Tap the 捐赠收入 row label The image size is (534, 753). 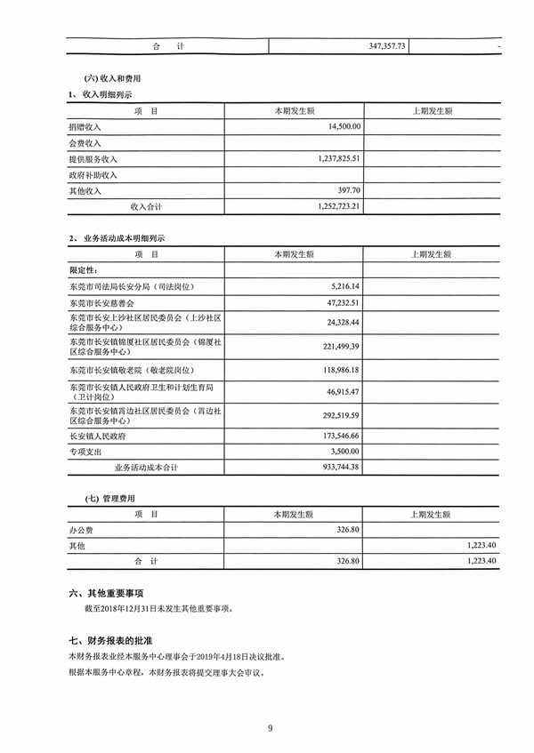point(85,127)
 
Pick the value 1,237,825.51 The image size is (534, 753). point(330,159)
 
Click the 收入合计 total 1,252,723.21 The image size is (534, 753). point(330,206)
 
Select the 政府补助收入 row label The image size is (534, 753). point(93,175)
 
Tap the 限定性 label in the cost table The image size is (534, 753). point(85,270)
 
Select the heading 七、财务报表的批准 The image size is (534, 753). point(111,639)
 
